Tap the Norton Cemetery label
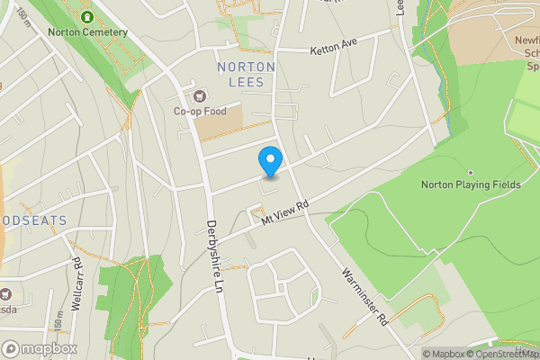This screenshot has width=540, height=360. click(x=88, y=32)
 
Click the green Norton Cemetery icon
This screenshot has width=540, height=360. click(x=87, y=17)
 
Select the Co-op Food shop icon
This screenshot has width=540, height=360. click(x=199, y=96)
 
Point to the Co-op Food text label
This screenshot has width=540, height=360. click(x=199, y=112)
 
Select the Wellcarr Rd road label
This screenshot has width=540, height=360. click(x=76, y=282)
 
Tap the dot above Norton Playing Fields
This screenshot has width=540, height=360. click(x=470, y=172)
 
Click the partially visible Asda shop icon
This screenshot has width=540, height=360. click(x=6, y=293)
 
